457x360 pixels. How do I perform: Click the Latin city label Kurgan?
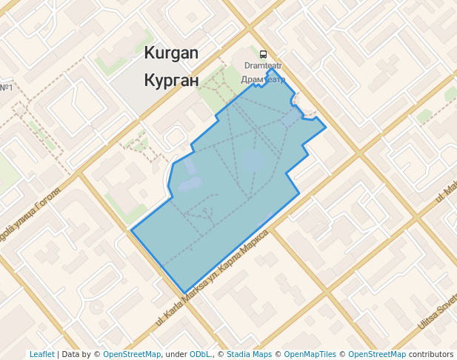point(172,53)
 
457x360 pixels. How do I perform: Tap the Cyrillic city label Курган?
point(172,79)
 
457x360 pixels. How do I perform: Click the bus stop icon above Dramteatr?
point(263,54)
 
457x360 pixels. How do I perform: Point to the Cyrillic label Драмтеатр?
point(263,79)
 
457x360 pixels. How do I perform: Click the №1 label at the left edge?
point(7,89)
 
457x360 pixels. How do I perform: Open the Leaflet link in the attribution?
point(41,355)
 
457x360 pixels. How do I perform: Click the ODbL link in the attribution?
point(200,355)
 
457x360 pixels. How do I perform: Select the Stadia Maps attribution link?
point(250,355)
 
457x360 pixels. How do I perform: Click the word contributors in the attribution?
point(431,355)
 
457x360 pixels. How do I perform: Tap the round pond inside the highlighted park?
point(253,159)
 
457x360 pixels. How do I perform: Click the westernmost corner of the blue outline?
point(131,230)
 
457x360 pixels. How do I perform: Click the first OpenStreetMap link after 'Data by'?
point(132,355)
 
